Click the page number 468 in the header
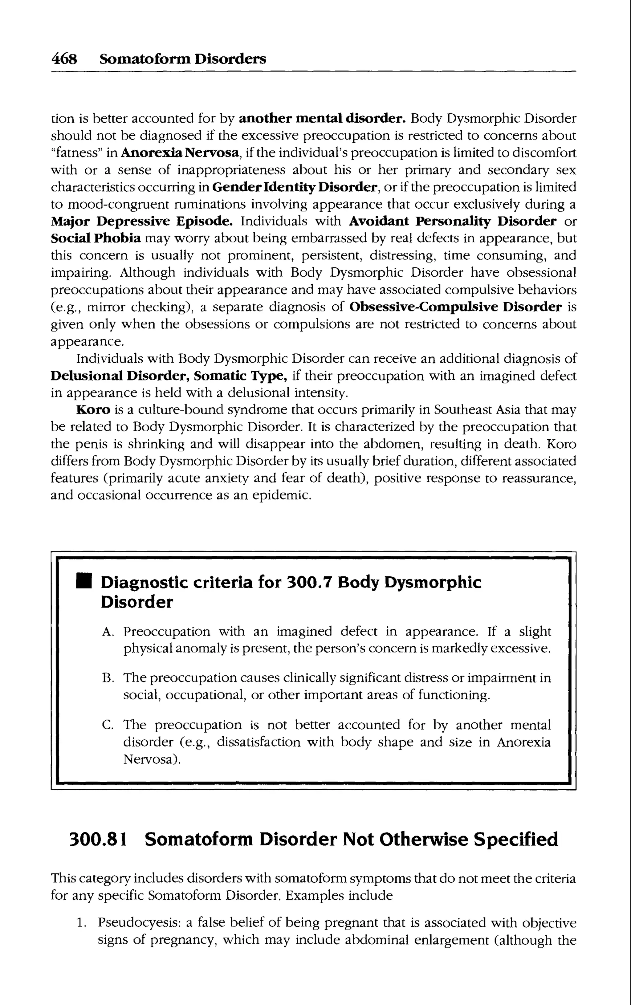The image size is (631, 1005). pyautogui.click(x=64, y=59)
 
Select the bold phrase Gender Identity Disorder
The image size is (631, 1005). pyautogui.click(x=295, y=187)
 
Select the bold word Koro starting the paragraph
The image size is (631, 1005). pyautogui.click(x=93, y=410)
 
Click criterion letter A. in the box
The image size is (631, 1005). pyautogui.click(x=107, y=632)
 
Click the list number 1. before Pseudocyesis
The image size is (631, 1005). pyautogui.click(x=81, y=923)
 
